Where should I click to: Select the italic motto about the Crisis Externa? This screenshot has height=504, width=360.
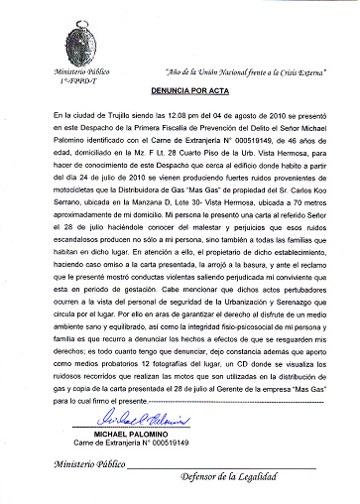point(244,74)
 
